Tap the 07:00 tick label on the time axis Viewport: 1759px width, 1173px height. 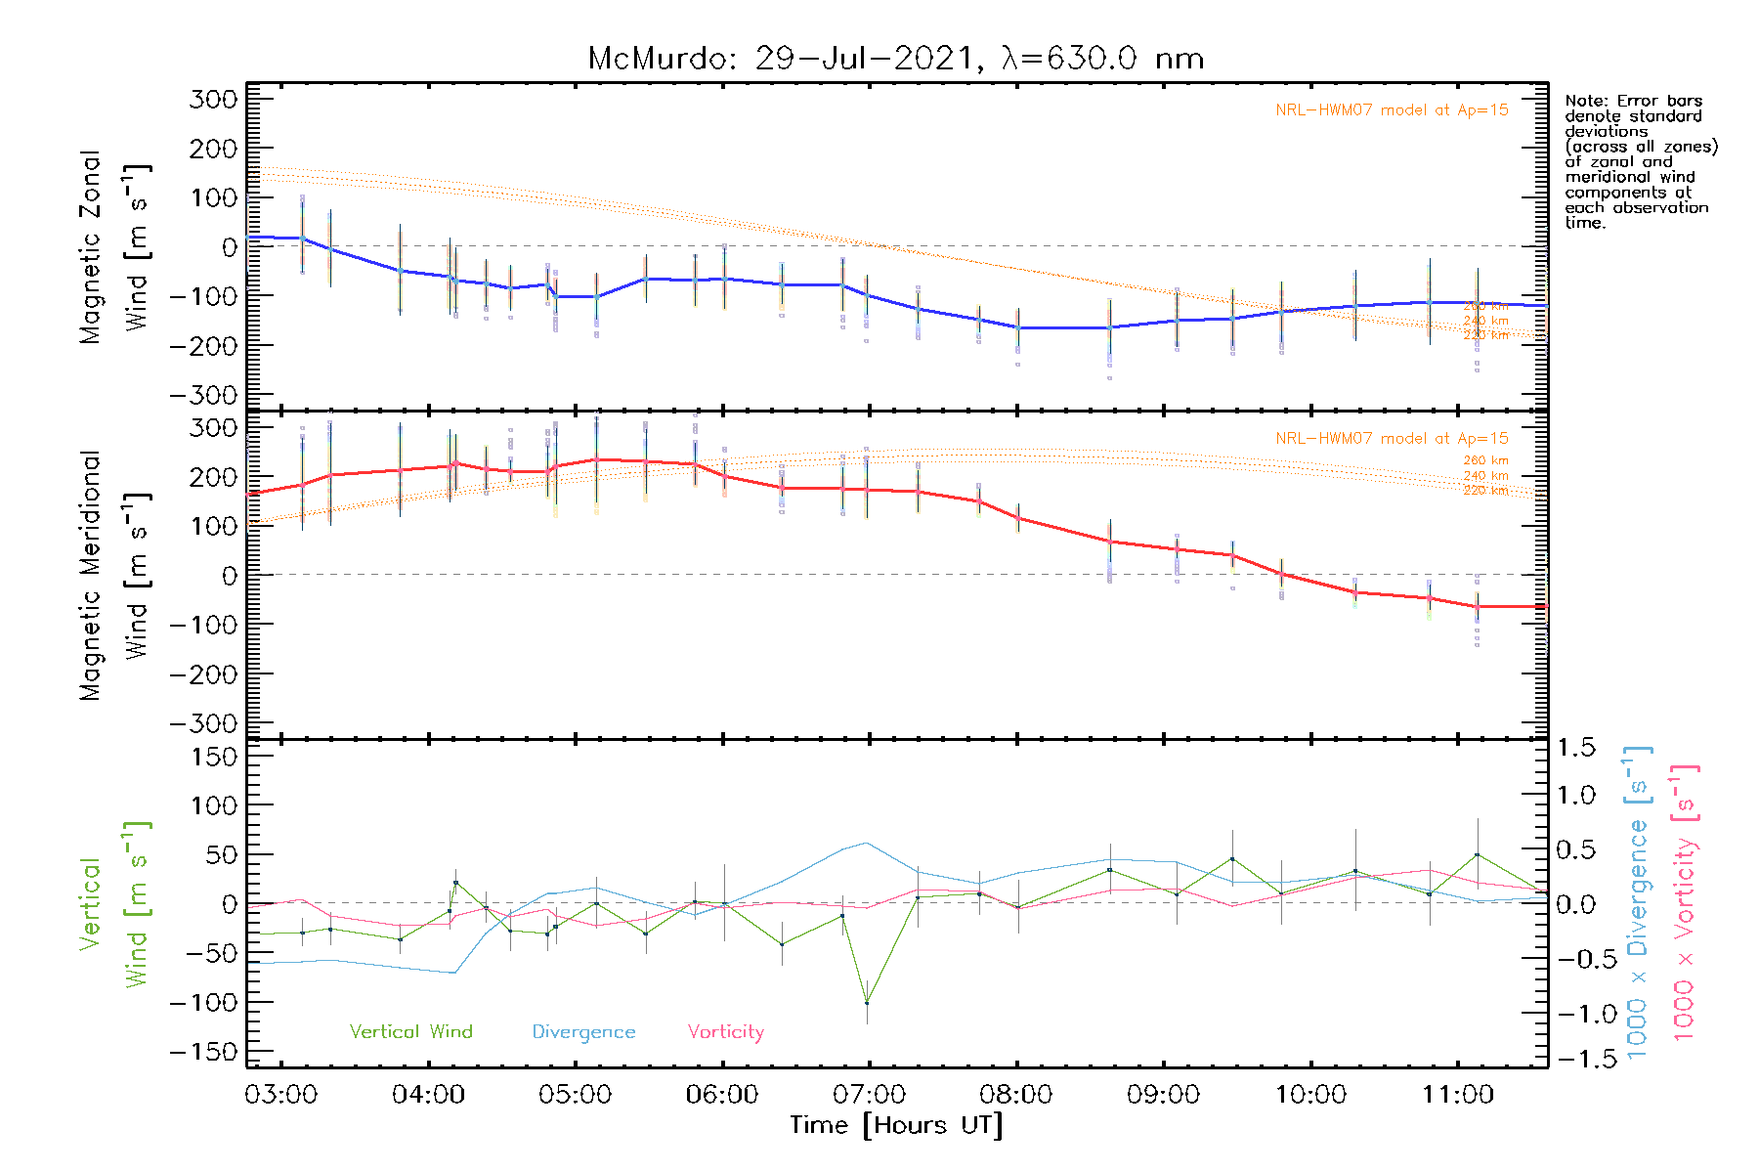[x=869, y=1095]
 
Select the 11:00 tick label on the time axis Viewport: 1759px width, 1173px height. [x=1457, y=1095]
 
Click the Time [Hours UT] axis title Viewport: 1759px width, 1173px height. [x=896, y=1125]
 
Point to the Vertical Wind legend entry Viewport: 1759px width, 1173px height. [x=410, y=1032]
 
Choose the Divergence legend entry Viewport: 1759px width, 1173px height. [x=583, y=1032]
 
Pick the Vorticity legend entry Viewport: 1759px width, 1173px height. [x=725, y=1032]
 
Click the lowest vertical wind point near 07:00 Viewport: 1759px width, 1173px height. [x=867, y=1003]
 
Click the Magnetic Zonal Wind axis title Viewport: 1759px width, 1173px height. [x=114, y=247]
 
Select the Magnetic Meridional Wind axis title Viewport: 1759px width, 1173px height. [x=114, y=576]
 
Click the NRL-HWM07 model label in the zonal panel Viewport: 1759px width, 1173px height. [x=1392, y=110]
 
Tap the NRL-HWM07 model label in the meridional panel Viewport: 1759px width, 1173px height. [x=1392, y=439]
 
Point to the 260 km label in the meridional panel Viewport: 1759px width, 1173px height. [x=1485, y=460]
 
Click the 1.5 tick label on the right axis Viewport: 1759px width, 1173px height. [x=1575, y=748]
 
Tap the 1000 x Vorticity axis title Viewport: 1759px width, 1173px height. [x=1685, y=902]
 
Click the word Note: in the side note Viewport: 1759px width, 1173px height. [x=1586, y=102]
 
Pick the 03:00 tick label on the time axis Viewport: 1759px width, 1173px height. [x=280, y=1095]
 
